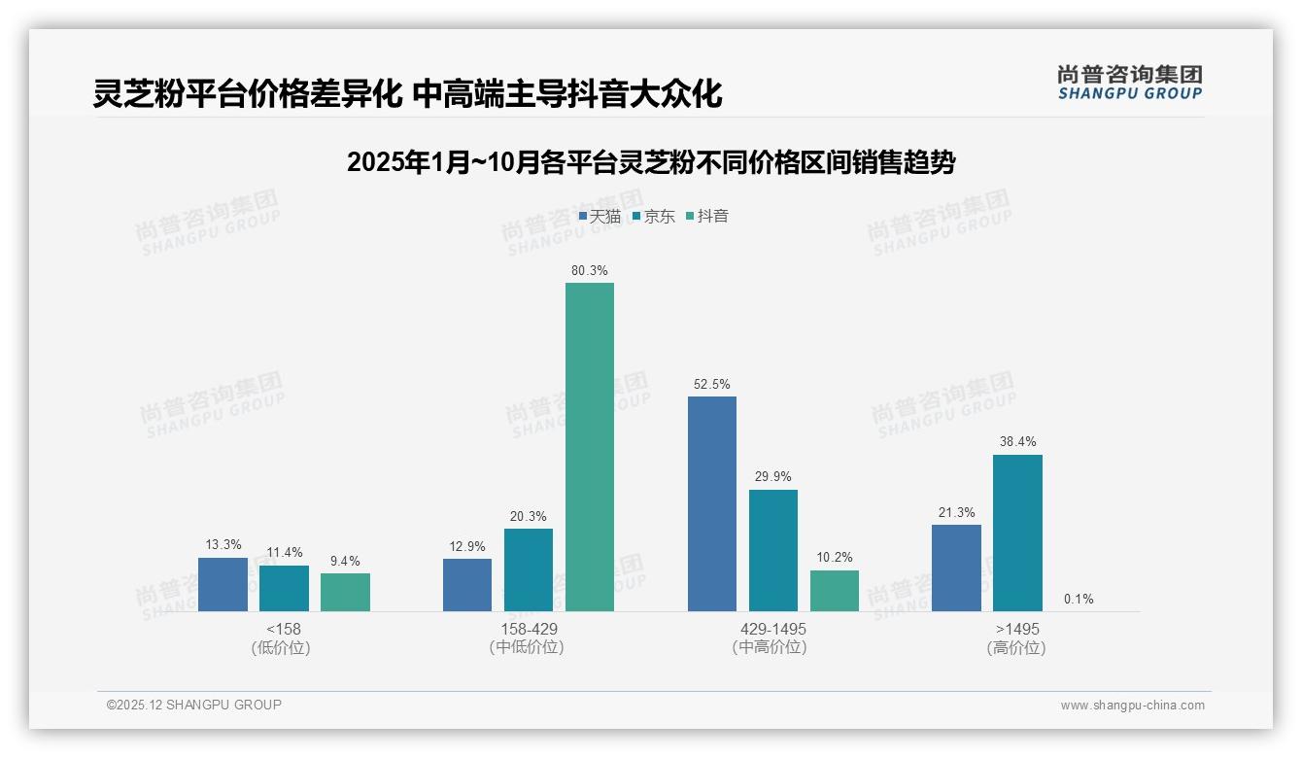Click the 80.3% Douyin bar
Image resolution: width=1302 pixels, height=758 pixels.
tap(590, 447)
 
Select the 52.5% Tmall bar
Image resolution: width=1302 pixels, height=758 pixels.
tap(712, 503)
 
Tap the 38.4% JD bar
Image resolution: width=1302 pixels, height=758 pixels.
tap(1017, 533)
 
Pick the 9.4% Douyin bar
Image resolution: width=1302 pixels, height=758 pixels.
tap(345, 592)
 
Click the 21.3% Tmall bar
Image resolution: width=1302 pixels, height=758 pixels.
tap(956, 568)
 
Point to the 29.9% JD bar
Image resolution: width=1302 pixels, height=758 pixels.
tap(773, 550)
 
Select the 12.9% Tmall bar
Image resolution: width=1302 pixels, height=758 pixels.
tap(467, 584)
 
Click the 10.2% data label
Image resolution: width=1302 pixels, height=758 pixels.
tap(835, 558)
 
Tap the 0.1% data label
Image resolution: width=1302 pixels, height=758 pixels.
tap(1079, 600)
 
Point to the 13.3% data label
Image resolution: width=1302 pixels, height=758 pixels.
tap(223, 545)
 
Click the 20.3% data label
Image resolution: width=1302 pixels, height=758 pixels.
tap(529, 516)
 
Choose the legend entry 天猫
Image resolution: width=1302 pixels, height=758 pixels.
tap(600, 216)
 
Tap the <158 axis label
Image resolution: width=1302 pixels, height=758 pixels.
tap(283, 630)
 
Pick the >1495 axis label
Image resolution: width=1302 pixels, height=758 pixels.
tap(1016, 630)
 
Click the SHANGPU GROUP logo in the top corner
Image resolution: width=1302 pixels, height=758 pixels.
tap(1130, 83)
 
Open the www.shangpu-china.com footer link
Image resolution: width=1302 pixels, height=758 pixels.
tap(1132, 706)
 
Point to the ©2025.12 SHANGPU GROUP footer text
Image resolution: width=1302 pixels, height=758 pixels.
tap(194, 705)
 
